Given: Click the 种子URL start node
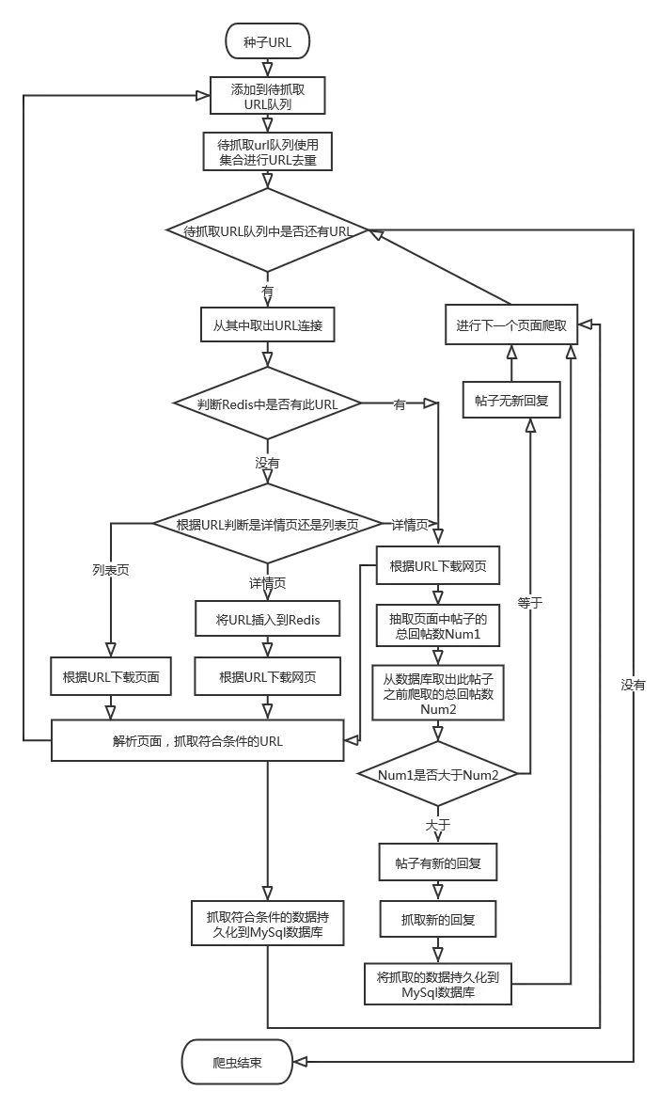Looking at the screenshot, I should point(267,42).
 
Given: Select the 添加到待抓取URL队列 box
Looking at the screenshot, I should point(267,96).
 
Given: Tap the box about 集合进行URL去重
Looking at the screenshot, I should point(267,152).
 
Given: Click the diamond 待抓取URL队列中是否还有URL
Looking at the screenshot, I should point(267,231).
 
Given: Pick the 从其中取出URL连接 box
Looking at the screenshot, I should point(267,326).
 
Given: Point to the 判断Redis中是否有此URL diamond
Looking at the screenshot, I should point(267,404).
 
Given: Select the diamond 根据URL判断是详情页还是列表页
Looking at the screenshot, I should point(267,524).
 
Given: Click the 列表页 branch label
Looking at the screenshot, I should point(111,570).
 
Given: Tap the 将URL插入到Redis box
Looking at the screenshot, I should point(267,620).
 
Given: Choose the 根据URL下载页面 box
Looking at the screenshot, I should point(111,677).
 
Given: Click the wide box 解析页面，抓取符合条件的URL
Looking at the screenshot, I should point(197,741).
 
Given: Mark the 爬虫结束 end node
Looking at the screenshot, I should point(237,1062).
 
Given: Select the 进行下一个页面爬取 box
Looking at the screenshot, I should point(511,325).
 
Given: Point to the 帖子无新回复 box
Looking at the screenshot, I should point(511,401).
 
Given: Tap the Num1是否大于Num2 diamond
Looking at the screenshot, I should point(437,774).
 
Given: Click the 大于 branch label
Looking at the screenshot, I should point(438,825).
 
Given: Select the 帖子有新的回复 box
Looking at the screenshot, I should point(438,862).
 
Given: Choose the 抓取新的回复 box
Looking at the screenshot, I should point(438,919).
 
